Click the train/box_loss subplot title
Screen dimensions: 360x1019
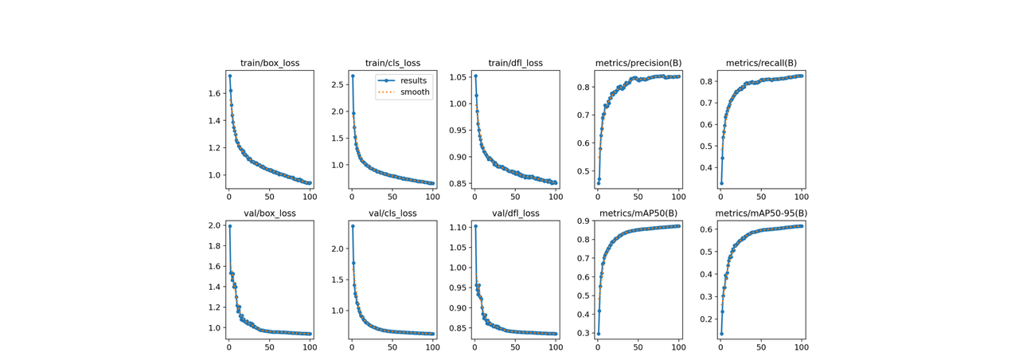click(x=270, y=63)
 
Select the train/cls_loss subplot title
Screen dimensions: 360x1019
click(x=392, y=63)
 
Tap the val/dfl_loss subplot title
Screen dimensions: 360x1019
click(x=515, y=213)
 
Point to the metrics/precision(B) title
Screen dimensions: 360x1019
click(x=638, y=63)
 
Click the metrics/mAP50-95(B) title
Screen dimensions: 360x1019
click(x=761, y=213)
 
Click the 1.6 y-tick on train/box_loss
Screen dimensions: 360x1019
click(x=213, y=94)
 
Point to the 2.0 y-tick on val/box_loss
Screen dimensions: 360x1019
click(x=213, y=226)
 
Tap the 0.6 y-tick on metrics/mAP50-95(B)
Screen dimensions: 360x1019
click(x=705, y=229)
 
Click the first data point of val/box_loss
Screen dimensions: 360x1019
click(x=230, y=226)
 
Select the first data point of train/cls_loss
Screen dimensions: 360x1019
click(x=353, y=76)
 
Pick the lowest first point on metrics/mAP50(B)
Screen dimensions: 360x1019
click(x=598, y=334)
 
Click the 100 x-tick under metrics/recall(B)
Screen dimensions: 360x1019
click(x=802, y=196)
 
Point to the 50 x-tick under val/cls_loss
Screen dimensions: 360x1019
click(x=392, y=346)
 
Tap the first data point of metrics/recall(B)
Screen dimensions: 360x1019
click(x=721, y=183)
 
